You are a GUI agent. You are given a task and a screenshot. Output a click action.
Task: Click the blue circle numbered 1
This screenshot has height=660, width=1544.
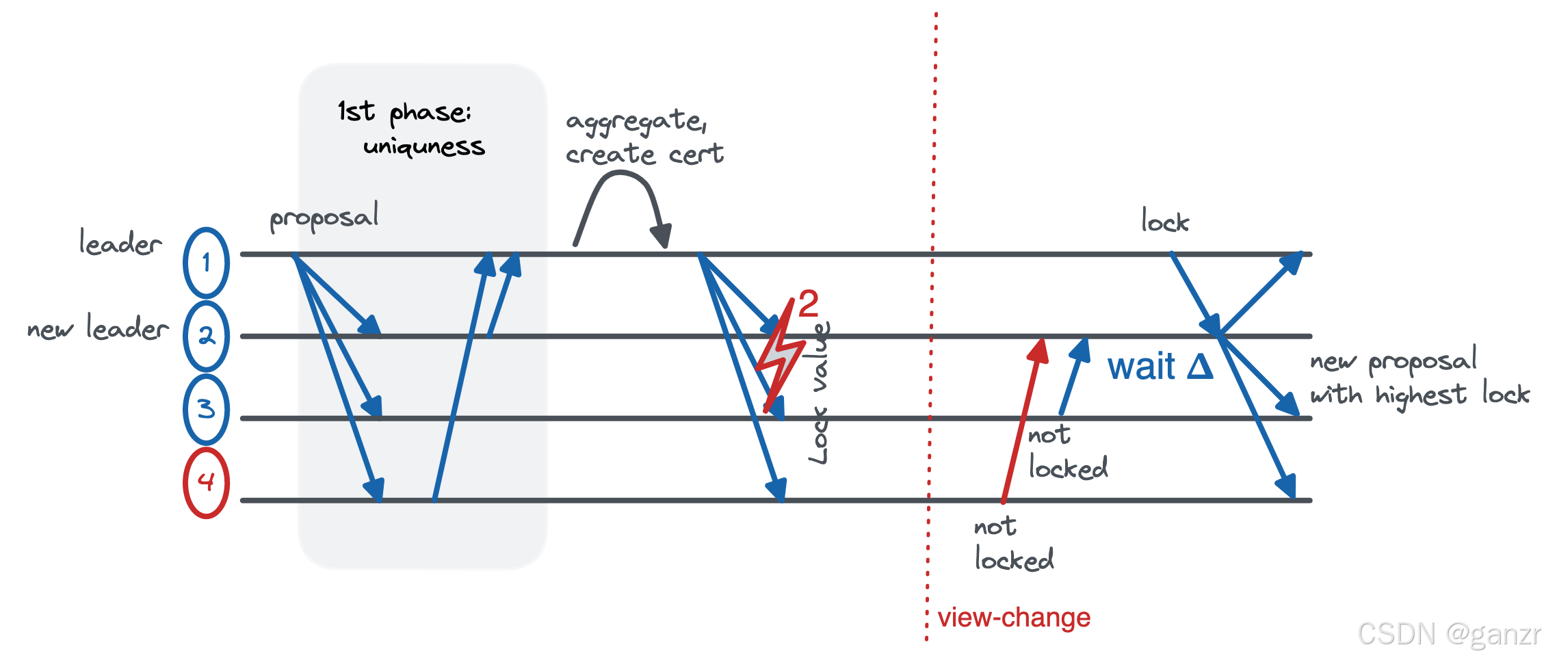tap(206, 263)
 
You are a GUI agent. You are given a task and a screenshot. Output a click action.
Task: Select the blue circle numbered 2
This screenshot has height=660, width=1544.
tap(206, 336)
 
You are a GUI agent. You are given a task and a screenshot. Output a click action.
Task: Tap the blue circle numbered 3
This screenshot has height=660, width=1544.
tap(206, 409)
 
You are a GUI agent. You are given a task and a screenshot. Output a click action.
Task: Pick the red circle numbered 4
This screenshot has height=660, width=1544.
tap(206, 482)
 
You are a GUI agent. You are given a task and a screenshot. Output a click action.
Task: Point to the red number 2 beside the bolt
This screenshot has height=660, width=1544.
tap(808, 304)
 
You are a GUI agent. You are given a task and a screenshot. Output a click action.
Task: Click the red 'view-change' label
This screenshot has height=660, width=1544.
tap(1013, 618)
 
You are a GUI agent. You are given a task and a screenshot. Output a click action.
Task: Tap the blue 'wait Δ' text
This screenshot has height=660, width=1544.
tap(1160, 367)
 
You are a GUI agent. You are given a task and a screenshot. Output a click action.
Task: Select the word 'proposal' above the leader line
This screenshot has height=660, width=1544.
tap(324, 218)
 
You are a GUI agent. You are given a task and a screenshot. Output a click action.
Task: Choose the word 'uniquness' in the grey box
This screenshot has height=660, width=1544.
tap(423, 147)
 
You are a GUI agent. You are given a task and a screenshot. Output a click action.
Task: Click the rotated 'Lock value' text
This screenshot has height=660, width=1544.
tap(819, 393)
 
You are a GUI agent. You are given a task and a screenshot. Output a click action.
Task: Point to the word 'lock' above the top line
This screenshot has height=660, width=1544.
tap(1165, 222)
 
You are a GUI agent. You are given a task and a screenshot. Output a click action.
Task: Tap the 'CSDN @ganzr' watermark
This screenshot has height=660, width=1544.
tap(1448, 635)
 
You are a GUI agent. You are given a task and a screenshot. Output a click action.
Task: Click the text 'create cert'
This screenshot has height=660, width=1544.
tap(644, 155)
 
